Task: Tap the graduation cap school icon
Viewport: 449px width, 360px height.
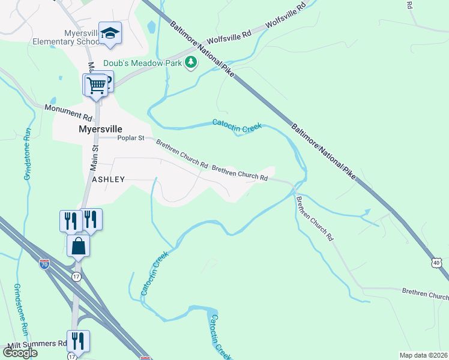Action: click(110, 32)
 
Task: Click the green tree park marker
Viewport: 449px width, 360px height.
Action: click(191, 62)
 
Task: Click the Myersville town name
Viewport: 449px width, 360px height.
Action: click(100, 129)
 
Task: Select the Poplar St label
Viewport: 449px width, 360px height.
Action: click(131, 138)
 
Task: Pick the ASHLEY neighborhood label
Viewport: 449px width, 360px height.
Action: click(108, 179)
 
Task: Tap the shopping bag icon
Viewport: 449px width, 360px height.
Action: click(78, 245)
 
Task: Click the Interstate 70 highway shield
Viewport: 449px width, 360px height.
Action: click(44, 263)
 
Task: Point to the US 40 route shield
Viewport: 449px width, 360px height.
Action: click(437, 263)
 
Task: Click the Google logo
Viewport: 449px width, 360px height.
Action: click(20, 352)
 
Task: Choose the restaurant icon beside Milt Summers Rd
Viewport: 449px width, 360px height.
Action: click(78, 341)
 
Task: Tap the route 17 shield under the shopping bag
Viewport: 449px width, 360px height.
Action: click(76, 277)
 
